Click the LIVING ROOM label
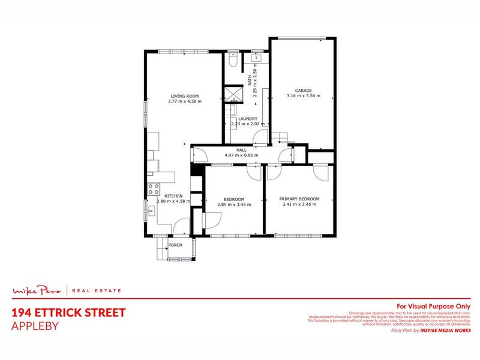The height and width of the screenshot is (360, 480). (184, 96)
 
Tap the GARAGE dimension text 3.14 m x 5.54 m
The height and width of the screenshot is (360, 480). (303, 96)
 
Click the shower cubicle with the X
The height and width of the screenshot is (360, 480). (232, 95)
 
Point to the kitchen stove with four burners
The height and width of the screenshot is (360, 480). (154, 189)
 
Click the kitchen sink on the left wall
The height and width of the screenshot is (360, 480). (148, 209)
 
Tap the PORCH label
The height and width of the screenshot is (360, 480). (175, 245)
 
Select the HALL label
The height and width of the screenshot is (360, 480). (242, 150)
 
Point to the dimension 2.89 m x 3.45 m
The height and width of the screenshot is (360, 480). (234, 205)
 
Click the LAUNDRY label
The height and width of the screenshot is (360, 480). (247, 119)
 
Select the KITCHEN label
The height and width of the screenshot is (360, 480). (173, 196)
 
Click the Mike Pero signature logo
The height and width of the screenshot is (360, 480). (37, 291)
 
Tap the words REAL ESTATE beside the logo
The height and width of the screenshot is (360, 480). (96, 291)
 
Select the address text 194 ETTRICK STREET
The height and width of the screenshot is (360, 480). (68, 313)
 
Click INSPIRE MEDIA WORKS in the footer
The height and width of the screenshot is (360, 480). (445, 330)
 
